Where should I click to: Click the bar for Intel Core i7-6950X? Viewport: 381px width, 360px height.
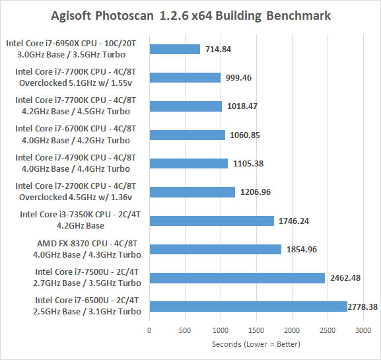[175, 49]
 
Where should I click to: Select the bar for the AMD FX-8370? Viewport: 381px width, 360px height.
[215, 250]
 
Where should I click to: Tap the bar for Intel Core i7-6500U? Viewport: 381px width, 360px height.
[248, 306]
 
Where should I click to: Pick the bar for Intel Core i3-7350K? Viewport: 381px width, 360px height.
[212, 221]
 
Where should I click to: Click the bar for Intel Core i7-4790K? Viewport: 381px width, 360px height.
[189, 163]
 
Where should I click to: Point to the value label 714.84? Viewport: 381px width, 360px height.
[218, 50]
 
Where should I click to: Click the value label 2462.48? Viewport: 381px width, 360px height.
[345, 278]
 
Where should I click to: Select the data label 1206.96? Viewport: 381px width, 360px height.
[256, 192]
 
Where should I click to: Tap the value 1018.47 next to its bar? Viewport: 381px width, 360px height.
[242, 106]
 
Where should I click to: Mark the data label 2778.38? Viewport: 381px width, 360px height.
[363, 306]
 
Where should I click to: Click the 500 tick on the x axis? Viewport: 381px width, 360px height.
[185, 330]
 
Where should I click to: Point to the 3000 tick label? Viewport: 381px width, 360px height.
[363, 330]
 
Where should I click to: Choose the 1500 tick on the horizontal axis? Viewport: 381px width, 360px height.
[256, 330]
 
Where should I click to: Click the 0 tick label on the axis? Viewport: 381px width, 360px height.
[149, 330]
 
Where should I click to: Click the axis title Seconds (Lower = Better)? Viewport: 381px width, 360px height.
[256, 344]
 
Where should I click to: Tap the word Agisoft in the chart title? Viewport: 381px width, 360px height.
[71, 16]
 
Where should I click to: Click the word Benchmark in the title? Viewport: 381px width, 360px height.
[298, 16]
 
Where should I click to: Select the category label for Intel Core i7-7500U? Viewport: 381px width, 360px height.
[87, 277]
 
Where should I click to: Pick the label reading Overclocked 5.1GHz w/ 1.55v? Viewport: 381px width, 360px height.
[75, 83]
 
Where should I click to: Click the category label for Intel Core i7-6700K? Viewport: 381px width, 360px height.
[75, 135]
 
